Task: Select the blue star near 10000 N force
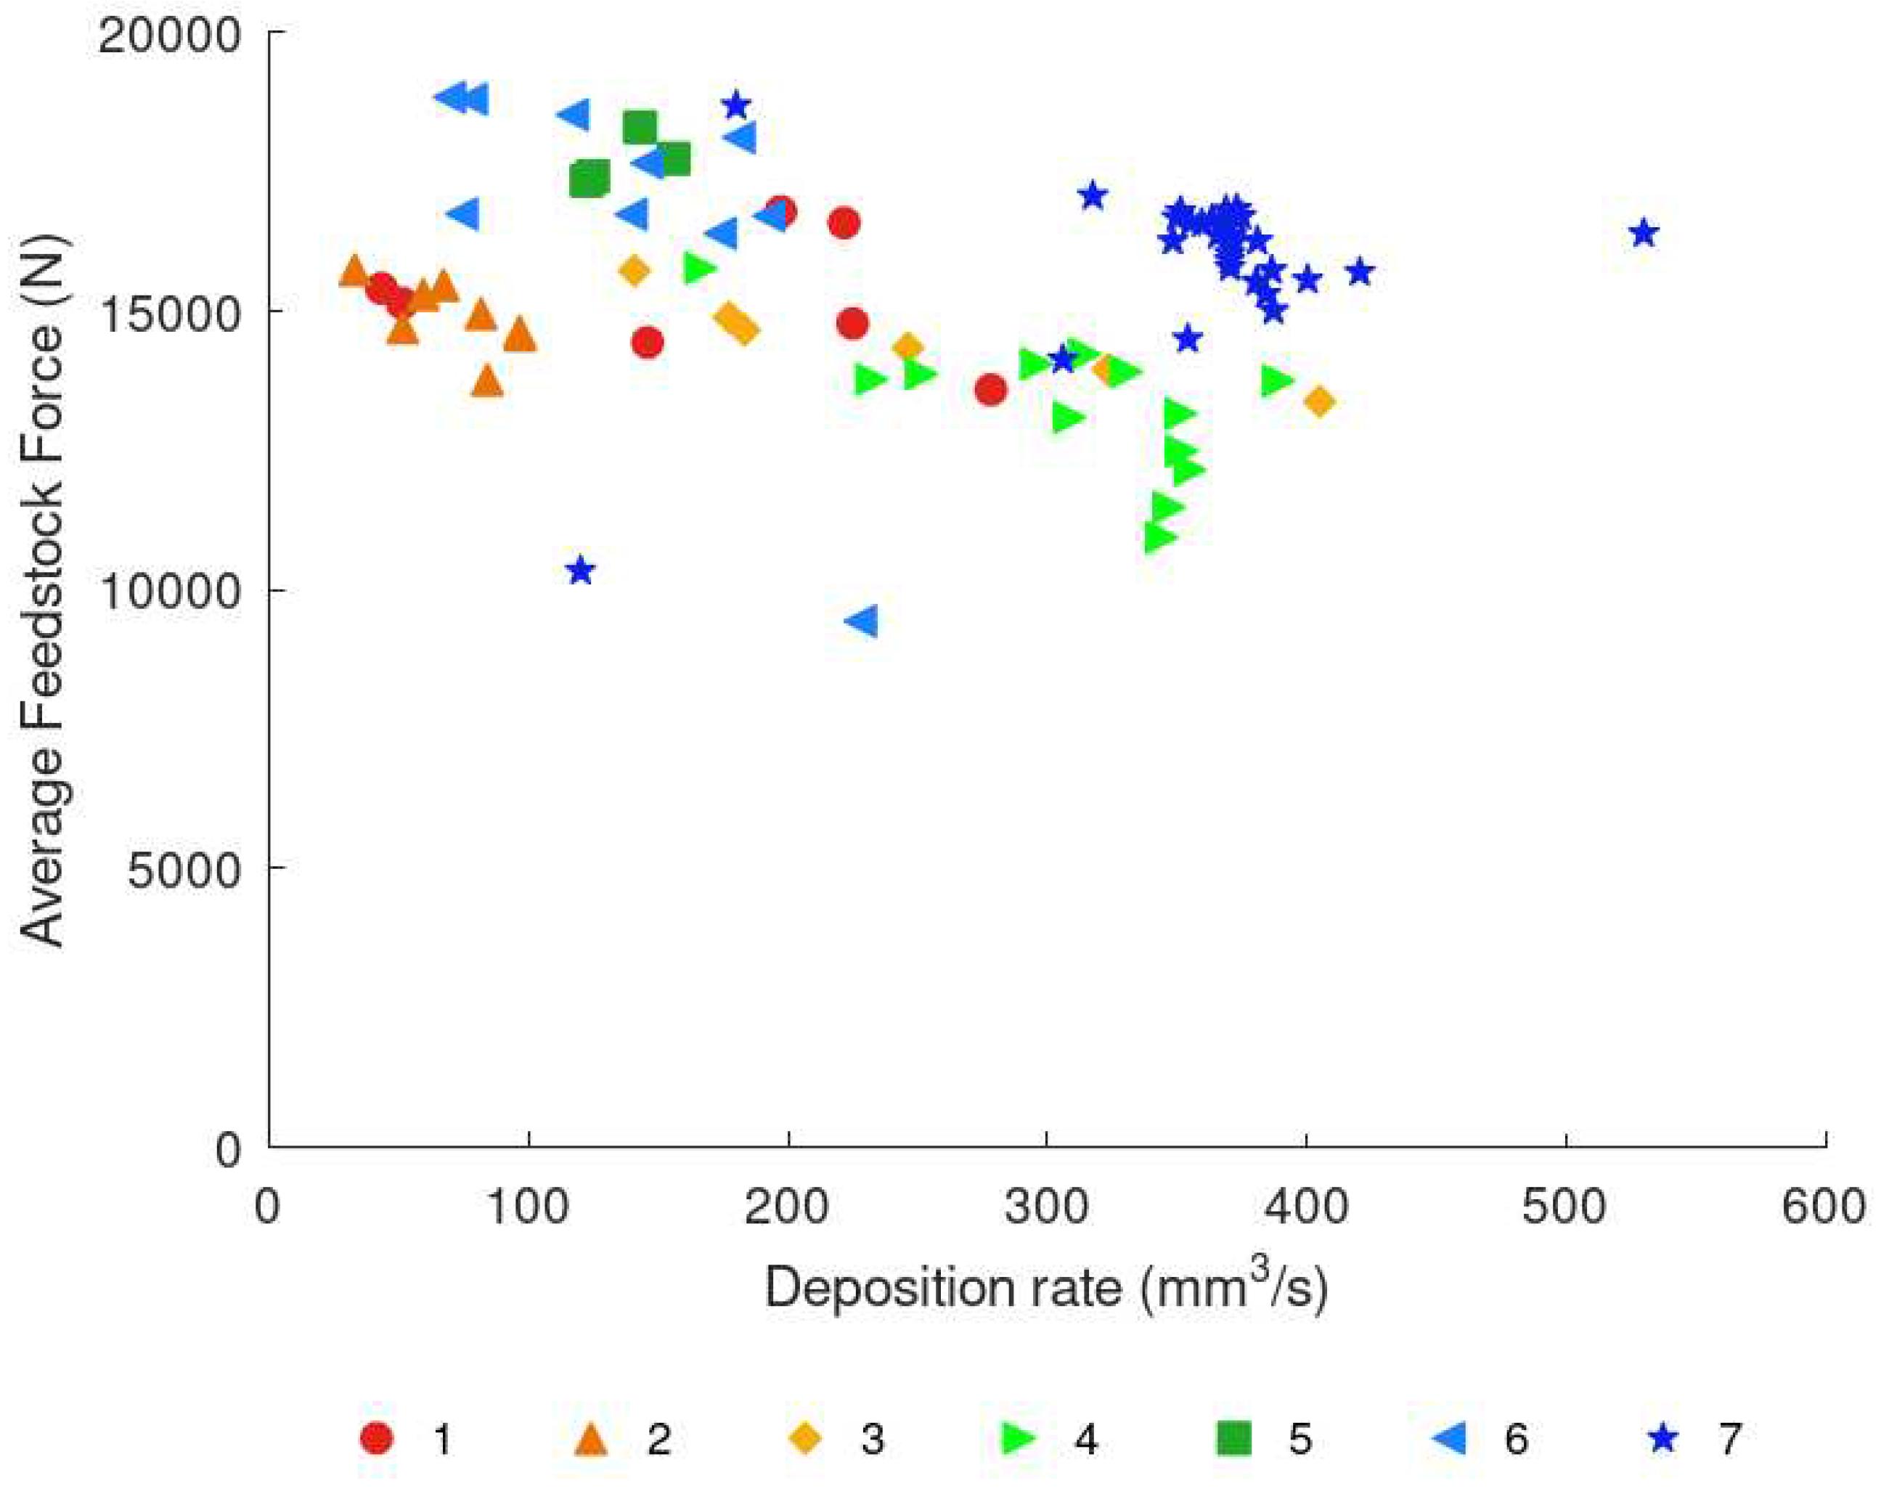(x=580, y=571)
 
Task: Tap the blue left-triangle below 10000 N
(x=863, y=621)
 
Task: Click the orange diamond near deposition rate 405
(x=1319, y=401)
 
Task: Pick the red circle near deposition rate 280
(x=990, y=389)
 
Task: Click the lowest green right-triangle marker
(x=1159, y=537)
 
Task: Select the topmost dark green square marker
(x=640, y=128)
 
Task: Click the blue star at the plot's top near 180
(x=735, y=106)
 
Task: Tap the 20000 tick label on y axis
(x=168, y=37)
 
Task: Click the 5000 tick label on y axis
(x=183, y=870)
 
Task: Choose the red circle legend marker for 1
(x=377, y=1438)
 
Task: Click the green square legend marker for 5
(x=1234, y=1438)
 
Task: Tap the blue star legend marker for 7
(x=1662, y=1438)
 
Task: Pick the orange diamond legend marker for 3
(x=805, y=1438)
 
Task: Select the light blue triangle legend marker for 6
(x=1450, y=1438)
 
